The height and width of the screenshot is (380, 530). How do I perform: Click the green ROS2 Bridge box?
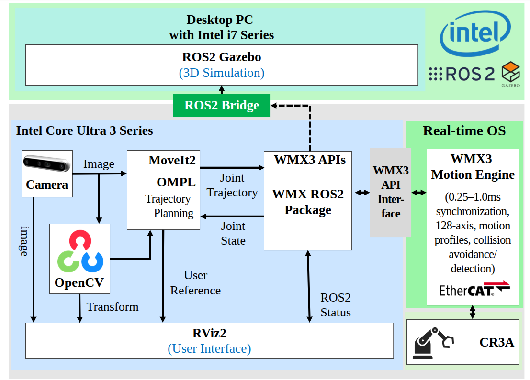(x=221, y=106)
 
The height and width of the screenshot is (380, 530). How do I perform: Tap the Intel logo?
(x=474, y=36)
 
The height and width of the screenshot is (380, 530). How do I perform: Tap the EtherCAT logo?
(x=474, y=289)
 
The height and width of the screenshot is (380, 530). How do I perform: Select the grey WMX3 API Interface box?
(x=391, y=192)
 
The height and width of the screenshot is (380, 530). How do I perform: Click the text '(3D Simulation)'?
(x=221, y=73)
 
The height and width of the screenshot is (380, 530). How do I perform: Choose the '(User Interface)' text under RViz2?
(x=209, y=348)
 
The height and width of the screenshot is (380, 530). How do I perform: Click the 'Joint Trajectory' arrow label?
(x=232, y=185)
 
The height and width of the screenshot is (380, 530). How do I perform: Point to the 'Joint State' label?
(x=233, y=233)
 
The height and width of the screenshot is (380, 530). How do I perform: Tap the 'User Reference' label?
(x=195, y=283)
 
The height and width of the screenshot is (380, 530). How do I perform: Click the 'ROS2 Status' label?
(x=336, y=305)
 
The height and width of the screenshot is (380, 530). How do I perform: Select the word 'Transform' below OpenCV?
(x=113, y=306)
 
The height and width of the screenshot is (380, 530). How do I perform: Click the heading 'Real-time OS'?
(x=464, y=131)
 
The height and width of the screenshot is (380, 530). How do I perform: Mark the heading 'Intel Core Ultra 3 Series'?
(x=85, y=130)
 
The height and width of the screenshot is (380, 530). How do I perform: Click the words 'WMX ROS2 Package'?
(x=308, y=202)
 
